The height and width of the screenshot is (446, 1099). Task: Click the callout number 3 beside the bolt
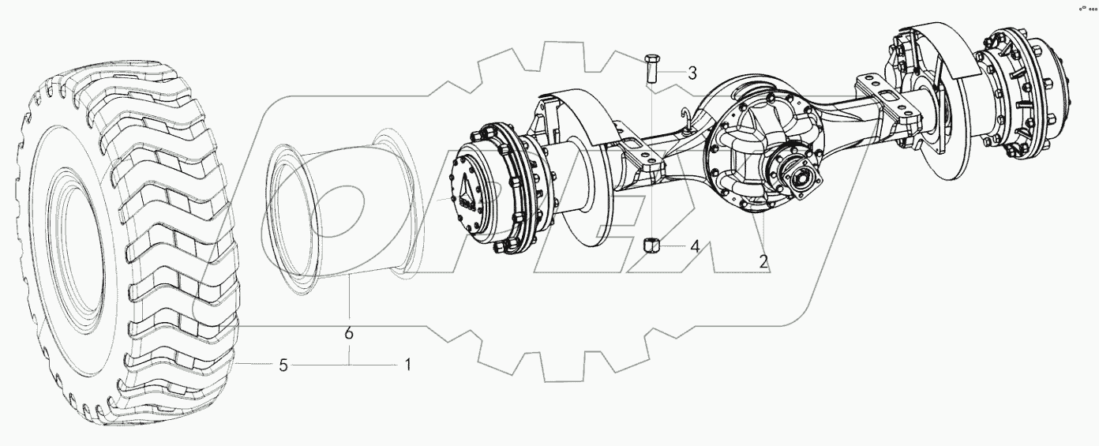tap(692, 74)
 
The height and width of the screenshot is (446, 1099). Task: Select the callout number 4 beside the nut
tap(694, 246)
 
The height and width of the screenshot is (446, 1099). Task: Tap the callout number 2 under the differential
tap(763, 261)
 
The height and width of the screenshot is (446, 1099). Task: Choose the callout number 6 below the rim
tap(348, 334)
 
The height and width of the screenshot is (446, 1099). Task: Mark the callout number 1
tap(407, 365)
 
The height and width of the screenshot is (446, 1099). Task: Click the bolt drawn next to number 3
tap(651, 68)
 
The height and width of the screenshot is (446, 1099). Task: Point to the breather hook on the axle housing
tap(688, 118)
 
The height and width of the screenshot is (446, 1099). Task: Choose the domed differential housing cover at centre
tap(750, 142)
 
